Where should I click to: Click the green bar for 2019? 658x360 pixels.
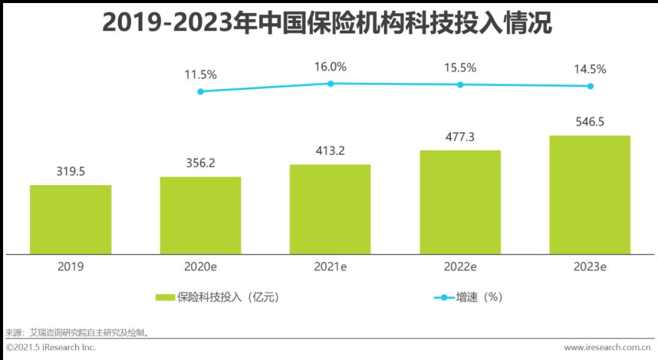[x=71, y=219]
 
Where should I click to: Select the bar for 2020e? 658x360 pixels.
[x=200, y=215]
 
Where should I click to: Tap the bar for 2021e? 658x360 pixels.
[x=330, y=209]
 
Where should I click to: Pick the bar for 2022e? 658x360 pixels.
[x=460, y=202]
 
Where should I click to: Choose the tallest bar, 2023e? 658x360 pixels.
[x=590, y=194]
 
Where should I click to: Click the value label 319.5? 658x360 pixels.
[x=71, y=172]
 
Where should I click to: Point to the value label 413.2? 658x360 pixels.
[x=330, y=151]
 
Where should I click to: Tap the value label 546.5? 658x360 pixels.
[x=590, y=122]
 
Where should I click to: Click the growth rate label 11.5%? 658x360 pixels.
[x=200, y=75]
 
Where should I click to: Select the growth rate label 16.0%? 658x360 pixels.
[x=330, y=67]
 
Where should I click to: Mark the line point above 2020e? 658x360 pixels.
[x=200, y=91]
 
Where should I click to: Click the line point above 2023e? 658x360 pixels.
[x=590, y=86]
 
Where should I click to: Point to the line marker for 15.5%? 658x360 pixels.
[x=460, y=85]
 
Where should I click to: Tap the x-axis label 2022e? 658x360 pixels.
[x=460, y=267]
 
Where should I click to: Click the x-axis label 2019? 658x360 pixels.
[x=71, y=267]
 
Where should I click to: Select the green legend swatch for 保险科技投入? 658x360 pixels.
[x=165, y=297]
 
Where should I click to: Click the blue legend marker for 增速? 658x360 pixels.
[x=444, y=297]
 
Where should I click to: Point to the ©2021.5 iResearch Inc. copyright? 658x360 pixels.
[x=51, y=347]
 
